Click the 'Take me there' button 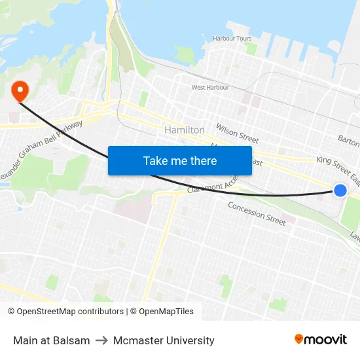click(180, 160)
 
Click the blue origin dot click(340, 190)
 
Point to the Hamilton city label click(185, 130)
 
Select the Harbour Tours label click(232, 39)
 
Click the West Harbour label click(210, 87)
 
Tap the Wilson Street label click(238, 134)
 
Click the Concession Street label click(257, 213)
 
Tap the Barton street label click(348, 139)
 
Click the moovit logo click(320, 339)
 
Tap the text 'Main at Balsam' click(52, 340)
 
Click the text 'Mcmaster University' click(164, 340)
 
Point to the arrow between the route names click(101, 340)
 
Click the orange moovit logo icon click(299, 339)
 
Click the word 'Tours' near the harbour click(243, 39)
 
